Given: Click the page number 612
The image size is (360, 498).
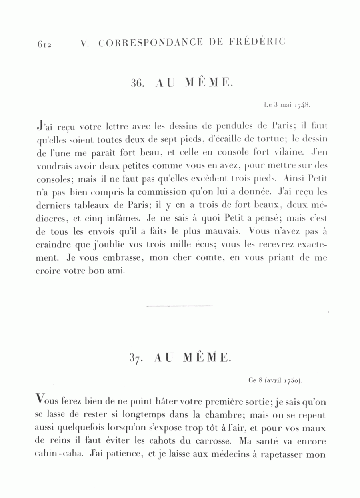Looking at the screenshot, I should click(44, 44).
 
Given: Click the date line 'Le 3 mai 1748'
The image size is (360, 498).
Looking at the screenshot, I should click(287, 105).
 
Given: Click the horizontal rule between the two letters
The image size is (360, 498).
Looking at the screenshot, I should click(180, 307).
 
